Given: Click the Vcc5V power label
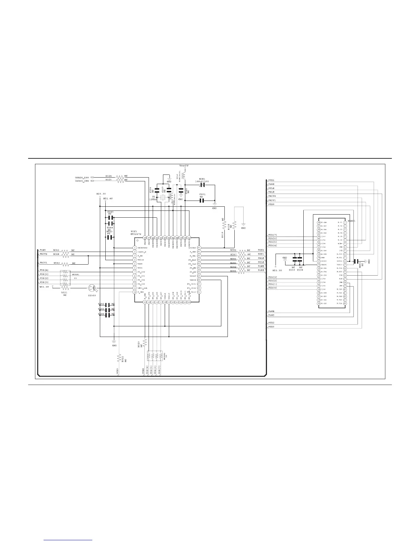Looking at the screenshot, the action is [184, 166].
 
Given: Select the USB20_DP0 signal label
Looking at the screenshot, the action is [82, 178].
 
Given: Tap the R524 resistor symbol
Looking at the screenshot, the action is [120, 178].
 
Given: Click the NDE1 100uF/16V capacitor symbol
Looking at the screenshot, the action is [202, 185].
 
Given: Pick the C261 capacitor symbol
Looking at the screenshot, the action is [202, 201].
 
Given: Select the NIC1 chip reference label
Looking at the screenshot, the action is [134, 231].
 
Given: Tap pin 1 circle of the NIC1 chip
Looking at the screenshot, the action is [135, 248].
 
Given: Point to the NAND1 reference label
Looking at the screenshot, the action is [351, 221].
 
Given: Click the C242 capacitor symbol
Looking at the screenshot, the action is [108, 304].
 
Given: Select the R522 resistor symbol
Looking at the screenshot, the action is [120, 359].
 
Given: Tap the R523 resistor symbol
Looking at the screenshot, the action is [144, 343].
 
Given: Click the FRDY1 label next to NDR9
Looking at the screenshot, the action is [43, 263].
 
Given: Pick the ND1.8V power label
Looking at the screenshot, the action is [108, 198].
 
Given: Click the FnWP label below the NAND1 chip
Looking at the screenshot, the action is [271, 315].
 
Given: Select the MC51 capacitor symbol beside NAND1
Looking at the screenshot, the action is [358, 262].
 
